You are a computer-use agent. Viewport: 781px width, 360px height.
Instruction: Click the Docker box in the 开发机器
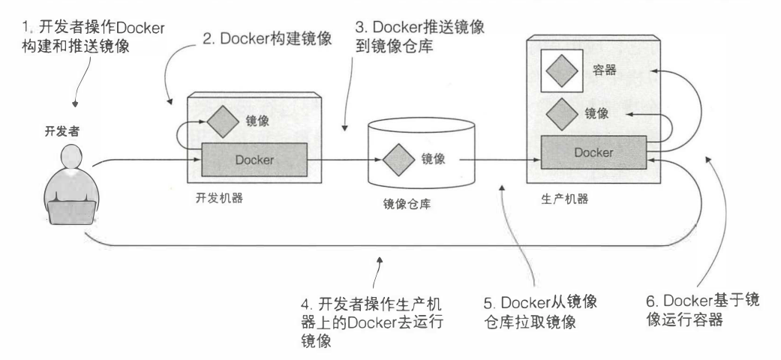(254, 160)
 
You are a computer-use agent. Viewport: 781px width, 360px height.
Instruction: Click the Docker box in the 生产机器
(593, 153)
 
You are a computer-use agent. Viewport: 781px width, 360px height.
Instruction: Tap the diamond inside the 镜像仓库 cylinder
(398, 160)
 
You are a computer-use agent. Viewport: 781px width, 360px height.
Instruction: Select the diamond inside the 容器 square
(562, 70)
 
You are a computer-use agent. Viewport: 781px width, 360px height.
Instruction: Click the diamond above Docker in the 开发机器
(223, 121)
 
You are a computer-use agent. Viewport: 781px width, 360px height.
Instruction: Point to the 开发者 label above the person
(62, 131)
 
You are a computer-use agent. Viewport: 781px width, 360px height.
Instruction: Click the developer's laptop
(72, 213)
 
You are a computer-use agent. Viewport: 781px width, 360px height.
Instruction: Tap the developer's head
(72, 157)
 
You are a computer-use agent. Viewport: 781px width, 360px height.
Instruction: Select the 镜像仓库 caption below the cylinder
(407, 204)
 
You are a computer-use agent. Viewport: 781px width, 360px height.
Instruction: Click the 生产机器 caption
(564, 199)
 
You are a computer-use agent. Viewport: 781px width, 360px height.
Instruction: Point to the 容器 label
(604, 70)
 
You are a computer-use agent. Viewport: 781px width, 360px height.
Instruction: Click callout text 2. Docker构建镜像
(268, 39)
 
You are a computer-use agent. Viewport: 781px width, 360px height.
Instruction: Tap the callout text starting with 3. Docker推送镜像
(419, 36)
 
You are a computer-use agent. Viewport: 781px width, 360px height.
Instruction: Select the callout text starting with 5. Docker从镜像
(540, 312)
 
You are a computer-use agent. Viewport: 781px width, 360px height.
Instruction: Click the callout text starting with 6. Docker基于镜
(702, 310)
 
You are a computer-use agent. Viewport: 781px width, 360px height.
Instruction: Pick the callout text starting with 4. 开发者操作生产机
(372, 322)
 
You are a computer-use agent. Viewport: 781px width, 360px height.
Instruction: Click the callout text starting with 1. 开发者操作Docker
(93, 36)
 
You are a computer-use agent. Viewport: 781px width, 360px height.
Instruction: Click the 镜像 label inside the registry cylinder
(433, 159)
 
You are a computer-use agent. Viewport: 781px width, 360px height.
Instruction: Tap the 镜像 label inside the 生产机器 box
(596, 113)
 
